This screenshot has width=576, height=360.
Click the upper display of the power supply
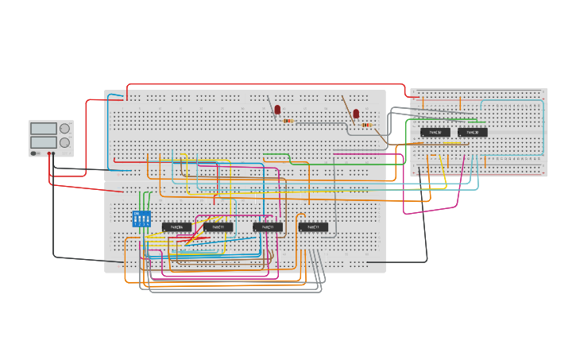coord(43,128)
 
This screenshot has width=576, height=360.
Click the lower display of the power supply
coord(43,141)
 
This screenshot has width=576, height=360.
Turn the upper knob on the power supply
coord(64,128)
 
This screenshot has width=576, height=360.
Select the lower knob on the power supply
coord(64,142)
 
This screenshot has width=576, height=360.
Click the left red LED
coord(277,110)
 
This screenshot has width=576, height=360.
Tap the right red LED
coord(356,114)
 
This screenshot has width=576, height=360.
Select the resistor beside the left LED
coord(289,121)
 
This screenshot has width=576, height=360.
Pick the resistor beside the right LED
coord(367,125)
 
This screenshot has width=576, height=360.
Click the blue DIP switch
coord(141,219)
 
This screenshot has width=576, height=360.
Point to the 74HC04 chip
coord(176,227)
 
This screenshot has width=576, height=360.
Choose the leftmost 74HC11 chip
coord(218,227)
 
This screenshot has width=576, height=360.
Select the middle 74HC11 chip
coord(268,227)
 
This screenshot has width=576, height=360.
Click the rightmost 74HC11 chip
coord(313,227)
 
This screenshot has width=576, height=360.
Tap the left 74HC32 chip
coord(435,133)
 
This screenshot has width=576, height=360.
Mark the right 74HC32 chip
coord(473,133)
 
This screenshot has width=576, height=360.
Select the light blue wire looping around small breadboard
coord(543,127)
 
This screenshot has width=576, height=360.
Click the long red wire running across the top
coord(262,84)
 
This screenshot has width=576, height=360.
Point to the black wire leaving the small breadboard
coord(424,223)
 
